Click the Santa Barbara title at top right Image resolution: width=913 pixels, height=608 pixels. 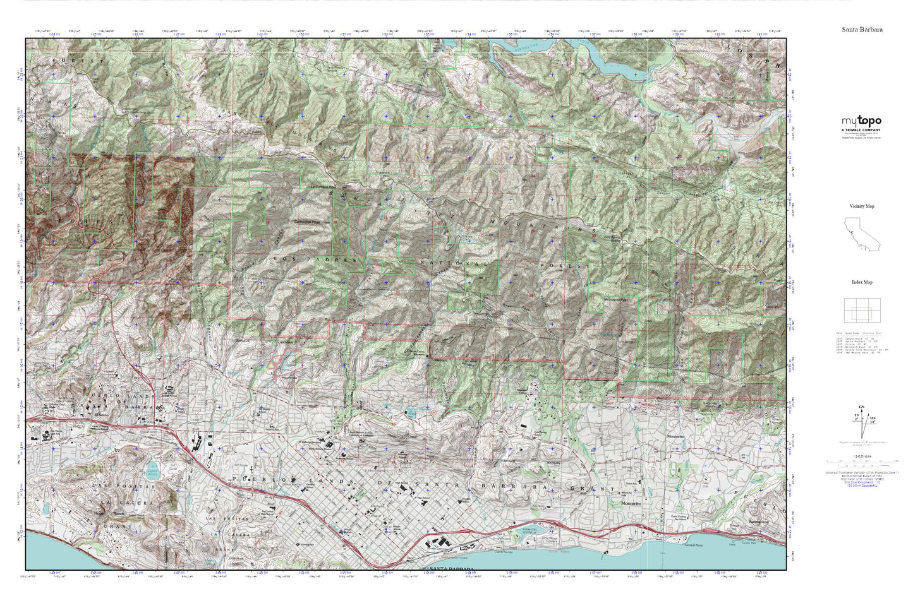pyautogui.click(x=862, y=30)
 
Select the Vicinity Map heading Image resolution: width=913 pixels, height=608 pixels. pyautogui.click(x=861, y=206)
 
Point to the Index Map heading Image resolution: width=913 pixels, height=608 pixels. pyautogui.click(x=861, y=283)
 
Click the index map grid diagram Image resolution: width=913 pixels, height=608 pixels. pyautogui.click(x=862, y=310)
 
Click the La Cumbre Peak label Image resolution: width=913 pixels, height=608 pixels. pyautogui.click(x=323, y=188)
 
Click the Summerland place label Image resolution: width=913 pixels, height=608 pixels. pyautogui.click(x=758, y=522)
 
